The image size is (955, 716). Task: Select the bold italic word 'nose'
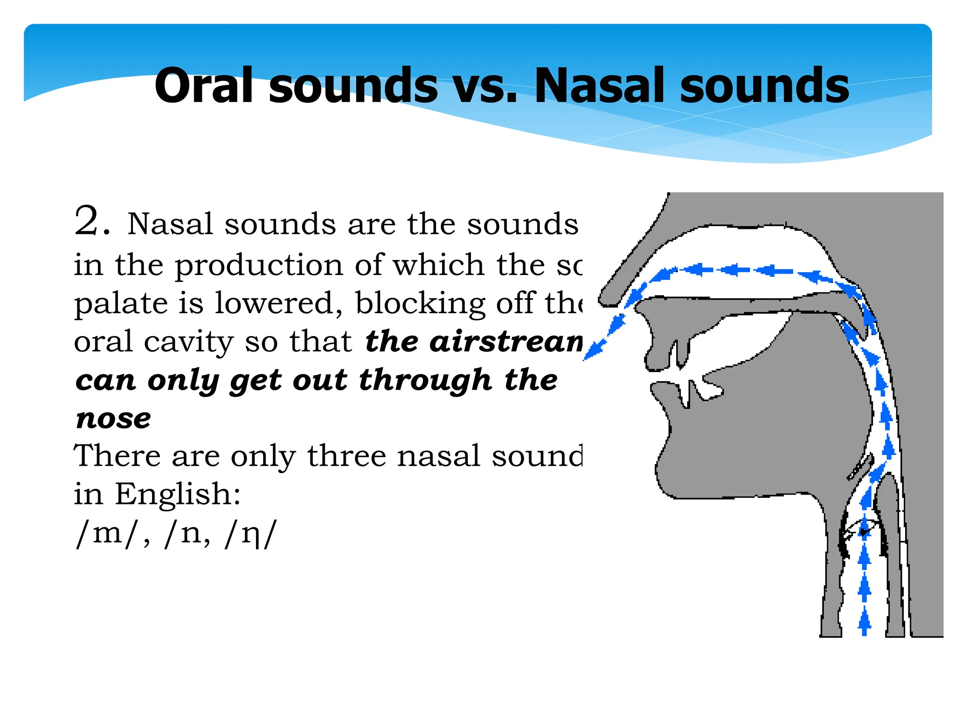(x=113, y=418)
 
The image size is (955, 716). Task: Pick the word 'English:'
(x=178, y=494)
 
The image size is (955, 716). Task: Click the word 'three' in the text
(x=346, y=455)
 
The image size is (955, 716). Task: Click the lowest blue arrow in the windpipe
(x=865, y=622)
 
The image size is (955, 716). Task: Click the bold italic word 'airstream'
(x=506, y=342)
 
